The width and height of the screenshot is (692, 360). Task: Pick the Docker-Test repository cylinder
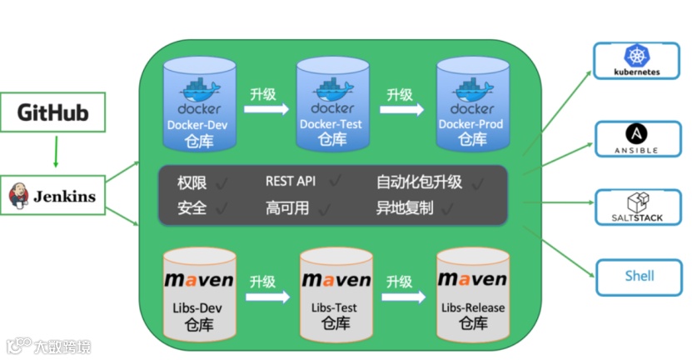pos(331,104)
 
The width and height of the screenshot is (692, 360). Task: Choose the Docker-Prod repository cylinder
pos(470,104)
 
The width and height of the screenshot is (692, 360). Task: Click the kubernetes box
pos(636,61)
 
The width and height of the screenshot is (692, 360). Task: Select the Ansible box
pos(636,139)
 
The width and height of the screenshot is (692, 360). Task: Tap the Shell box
pos(639,276)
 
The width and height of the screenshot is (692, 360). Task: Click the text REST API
pos(291,181)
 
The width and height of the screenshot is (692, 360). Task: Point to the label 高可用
pos(286,208)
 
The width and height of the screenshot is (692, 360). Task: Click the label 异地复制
pos(405,208)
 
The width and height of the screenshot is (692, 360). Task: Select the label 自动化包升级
pos(419,182)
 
